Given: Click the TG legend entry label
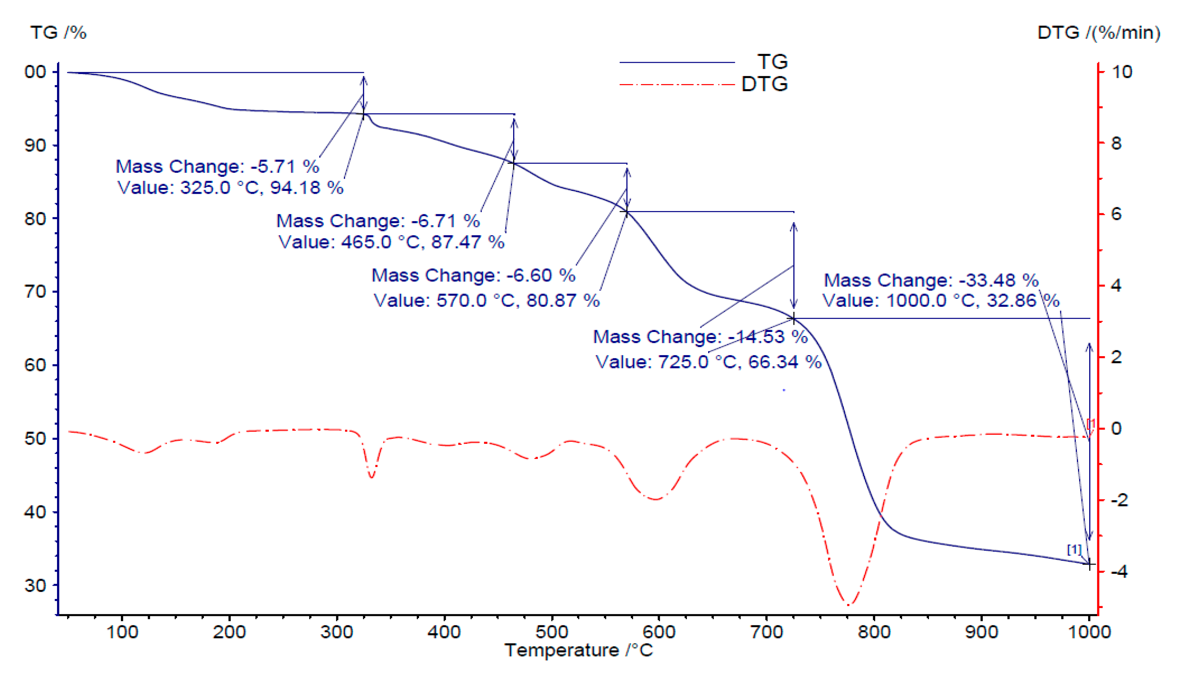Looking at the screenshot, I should (x=772, y=62).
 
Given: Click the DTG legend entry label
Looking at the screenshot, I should (x=765, y=84).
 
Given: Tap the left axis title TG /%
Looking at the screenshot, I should (x=58, y=33).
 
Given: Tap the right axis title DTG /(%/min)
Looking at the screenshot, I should (x=1099, y=33).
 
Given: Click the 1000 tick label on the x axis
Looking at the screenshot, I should (x=1089, y=632).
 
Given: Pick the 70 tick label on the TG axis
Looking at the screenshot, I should (x=35, y=292).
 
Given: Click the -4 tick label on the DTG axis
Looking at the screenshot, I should (x=1119, y=571).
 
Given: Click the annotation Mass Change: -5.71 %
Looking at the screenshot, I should (x=217, y=166).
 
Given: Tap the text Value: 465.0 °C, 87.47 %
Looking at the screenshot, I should (x=391, y=242).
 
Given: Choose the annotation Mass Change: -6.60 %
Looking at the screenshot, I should (x=473, y=275).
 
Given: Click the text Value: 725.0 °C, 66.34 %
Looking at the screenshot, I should (x=708, y=362).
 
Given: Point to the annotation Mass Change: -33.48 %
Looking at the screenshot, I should (x=931, y=280).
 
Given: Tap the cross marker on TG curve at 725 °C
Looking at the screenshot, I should (x=793, y=319).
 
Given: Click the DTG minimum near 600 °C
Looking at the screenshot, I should (x=656, y=499).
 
